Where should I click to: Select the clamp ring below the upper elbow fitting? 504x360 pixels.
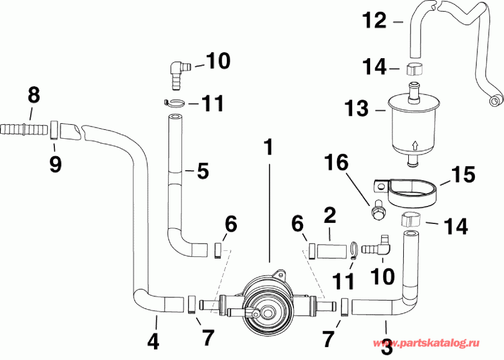(177, 103)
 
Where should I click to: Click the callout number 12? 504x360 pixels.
(374, 21)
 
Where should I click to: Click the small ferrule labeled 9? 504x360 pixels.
(54, 130)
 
